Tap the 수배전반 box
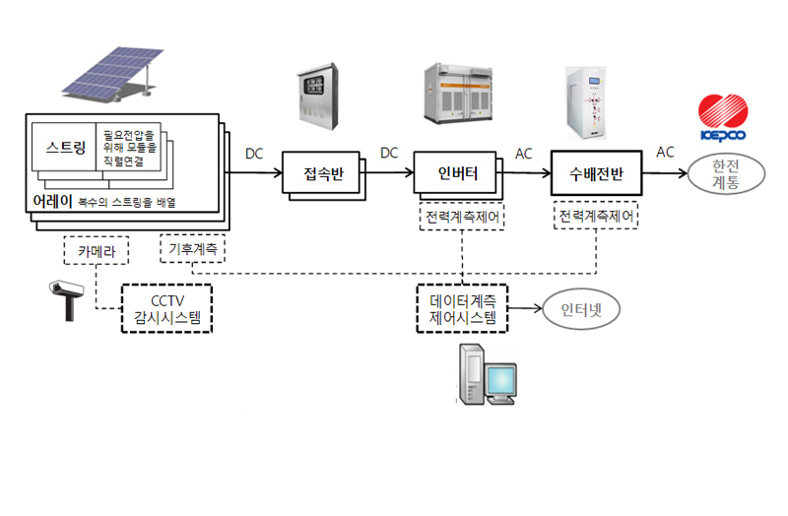coord(595,174)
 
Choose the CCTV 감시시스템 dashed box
coord(166,308)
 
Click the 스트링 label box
coord(65,149)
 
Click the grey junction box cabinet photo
coord(319,99)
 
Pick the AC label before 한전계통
coord(666,152)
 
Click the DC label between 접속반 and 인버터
coord(389,153)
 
